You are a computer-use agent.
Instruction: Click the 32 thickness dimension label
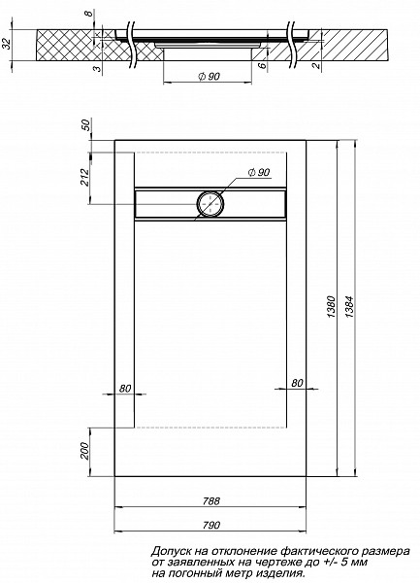(x=7, y=45)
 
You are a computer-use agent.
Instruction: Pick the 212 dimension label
(x=85, y=177)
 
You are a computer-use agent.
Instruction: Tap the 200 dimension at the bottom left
(x=85, y=453)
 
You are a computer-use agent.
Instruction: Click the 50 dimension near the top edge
(x=85, y=126)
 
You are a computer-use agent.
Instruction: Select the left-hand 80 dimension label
(x=124, y=389)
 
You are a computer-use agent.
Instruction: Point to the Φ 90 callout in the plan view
(x=258, y=173)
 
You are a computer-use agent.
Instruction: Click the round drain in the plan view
(x=210, y=204)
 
